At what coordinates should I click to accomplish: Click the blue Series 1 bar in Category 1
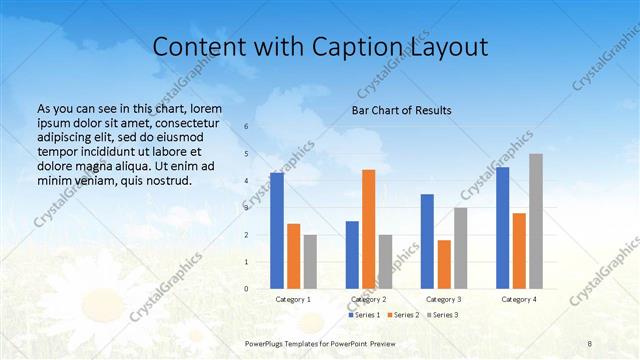coord(277,231)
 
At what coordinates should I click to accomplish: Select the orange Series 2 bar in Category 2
coord(369,229)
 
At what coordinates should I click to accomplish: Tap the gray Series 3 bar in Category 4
coord(536,221)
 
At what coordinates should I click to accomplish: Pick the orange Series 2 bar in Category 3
coord(444,264)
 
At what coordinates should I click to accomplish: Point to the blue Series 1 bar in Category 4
coord(503,228)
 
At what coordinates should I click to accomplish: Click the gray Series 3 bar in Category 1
coord(310,262)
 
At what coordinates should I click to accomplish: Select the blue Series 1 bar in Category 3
coord(427,241)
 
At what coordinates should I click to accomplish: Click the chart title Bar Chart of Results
coord(401,110)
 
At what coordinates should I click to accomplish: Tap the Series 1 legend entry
coord(366,315)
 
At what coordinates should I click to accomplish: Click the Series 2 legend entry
coord(404,315)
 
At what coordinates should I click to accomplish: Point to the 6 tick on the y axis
coord(247,127)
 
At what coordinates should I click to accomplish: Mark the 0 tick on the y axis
coord(247,289)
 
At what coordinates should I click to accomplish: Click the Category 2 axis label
coord(369,299)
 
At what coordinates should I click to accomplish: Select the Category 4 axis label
coord(519,299)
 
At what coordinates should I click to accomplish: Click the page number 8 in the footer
coord(589,343)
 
